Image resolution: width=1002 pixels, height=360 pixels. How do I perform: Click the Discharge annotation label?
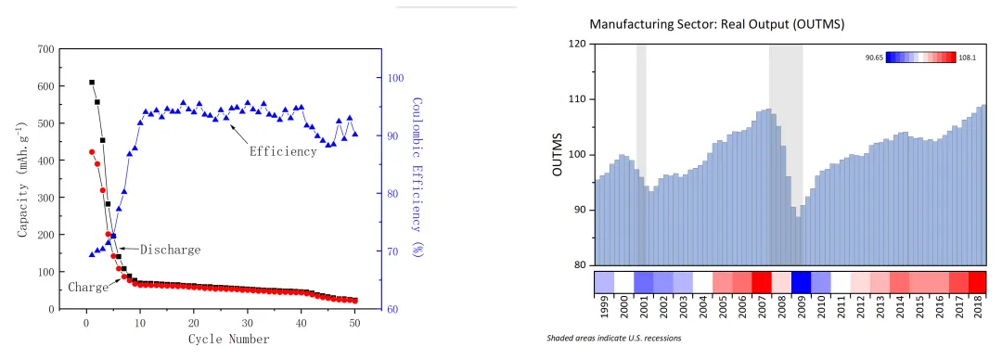(170, 250)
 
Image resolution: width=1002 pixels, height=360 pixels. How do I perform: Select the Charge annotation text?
(87, 288)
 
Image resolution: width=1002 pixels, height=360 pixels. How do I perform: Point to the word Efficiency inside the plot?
(283, 151)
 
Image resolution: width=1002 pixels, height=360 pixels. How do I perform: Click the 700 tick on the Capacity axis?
(46, 48)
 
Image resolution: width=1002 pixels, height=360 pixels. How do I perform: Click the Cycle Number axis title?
(229, 339)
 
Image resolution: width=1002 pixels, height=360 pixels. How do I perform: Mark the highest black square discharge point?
(91, 83)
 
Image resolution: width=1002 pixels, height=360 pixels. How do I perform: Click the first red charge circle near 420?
(91, 152)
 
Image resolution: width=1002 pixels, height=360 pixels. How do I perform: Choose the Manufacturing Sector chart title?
(717, 25)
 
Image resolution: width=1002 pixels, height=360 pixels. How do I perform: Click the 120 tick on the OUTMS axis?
(578, 44)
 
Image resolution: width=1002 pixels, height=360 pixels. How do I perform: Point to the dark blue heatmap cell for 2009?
(801, 282)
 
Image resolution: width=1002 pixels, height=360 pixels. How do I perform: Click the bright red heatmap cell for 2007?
(762, 282)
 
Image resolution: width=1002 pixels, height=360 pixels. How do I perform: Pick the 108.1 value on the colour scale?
(968, 58)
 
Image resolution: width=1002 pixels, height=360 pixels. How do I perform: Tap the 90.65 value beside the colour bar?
(874, 58)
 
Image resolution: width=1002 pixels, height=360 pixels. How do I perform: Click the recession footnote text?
(613, 339)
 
